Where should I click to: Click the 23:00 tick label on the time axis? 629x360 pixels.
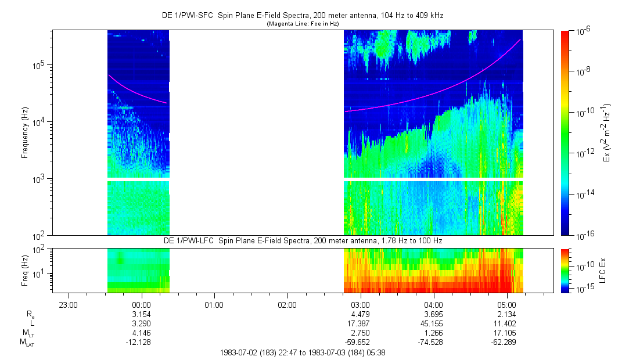click(x=69, y=305)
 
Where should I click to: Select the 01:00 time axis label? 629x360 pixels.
click(x=214, y=305)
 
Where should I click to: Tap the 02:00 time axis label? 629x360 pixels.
click(x=287, y=305)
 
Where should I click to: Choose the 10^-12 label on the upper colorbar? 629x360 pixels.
click(x=583, y=153)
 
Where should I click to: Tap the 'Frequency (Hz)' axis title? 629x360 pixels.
click(x=25, y=133)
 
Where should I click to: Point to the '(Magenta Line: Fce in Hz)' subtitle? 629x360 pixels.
click(x=302, y=24)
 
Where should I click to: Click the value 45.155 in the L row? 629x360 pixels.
click(x=434, y=323)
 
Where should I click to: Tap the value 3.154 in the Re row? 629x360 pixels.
click(x=142, y=314)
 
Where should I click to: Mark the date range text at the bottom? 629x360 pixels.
click(x=303, y=352)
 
